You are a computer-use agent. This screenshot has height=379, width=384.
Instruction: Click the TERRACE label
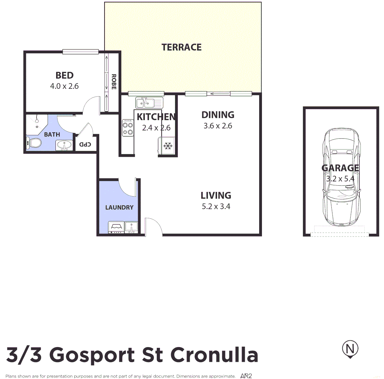coord(181,47)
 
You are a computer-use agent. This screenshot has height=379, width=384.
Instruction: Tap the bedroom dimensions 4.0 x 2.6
coord(64,86)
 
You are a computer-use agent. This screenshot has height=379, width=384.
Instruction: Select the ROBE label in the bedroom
coord(114,82)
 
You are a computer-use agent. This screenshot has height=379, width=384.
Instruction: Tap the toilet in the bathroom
coord(34,143)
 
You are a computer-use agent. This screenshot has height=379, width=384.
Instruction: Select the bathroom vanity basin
coord(64,145)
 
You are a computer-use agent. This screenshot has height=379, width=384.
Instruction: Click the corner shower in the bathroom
coord(36,124)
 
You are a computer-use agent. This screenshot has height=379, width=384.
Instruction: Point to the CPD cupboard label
coord(85,144)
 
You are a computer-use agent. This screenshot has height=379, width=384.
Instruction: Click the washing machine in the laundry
coord(116,227)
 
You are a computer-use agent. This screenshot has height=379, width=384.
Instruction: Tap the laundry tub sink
coord(132,227)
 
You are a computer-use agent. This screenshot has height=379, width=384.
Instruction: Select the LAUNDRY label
coord(119,207)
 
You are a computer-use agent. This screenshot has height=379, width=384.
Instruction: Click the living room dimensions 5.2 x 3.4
coord(216,206)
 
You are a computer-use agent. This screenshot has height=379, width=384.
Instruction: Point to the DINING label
coord(218,115)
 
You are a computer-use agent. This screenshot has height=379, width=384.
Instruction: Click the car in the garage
coord(341,177)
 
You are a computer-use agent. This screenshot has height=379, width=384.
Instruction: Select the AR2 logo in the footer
coord(246,376)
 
